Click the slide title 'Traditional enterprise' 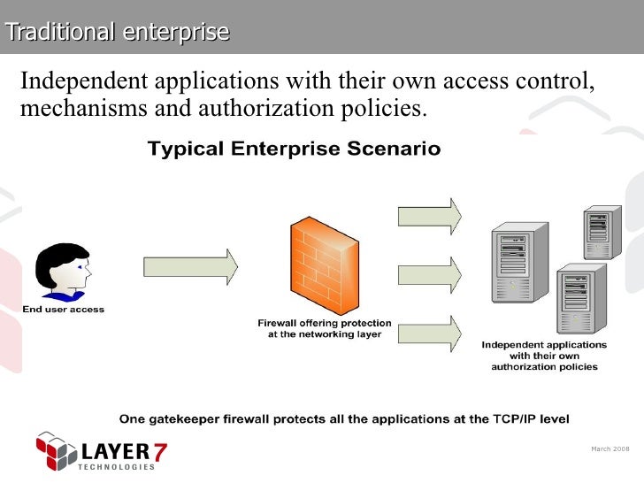pyautogui.click(x=117, y=32)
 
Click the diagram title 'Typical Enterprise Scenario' pyautogui.click(x=293, y=149)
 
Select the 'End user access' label pyautogui.click(x=63, y=310)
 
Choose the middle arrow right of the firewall pyautogui.click(x=430, y=272)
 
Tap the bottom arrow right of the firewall pyautogui.click(x=430, y=332)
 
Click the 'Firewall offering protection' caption pyautogui.click(x=324, y=323)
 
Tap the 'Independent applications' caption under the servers pyautogui.click(x=544, y=344)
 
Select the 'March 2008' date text pyautogui.click(x=608, y=449)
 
